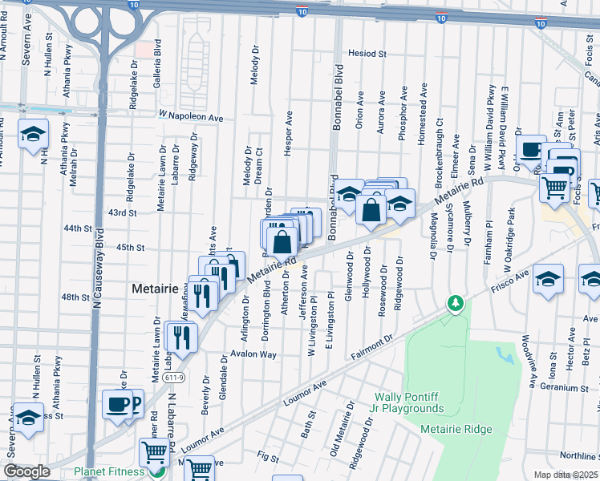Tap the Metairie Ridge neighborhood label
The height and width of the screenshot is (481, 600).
456,429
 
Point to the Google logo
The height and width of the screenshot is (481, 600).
26,471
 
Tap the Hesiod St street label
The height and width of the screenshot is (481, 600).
367,55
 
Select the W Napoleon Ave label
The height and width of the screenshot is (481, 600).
191,116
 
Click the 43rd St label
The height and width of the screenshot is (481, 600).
123,212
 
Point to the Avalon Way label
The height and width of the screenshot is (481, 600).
253,354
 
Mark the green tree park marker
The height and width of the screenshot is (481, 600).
456,303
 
